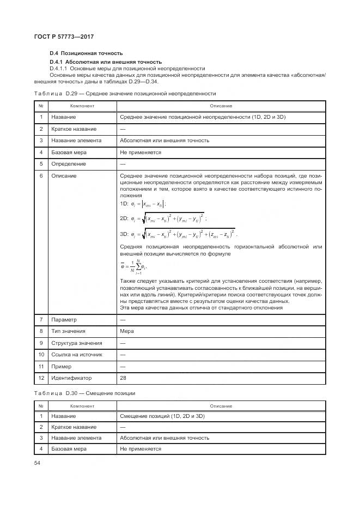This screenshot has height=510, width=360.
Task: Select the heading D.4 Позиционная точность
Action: click(x=86, y=53)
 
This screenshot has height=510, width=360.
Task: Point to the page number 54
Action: click(x=37, y=463)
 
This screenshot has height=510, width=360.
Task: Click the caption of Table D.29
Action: click(x=125, y=94)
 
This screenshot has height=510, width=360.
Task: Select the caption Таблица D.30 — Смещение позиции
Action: click(x=84, y=393)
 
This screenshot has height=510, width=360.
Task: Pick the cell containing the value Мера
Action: click(x=126, y=331)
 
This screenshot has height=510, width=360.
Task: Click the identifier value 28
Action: click(x=123, y=378)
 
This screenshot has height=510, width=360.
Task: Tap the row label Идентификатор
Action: click(x=71, y=378)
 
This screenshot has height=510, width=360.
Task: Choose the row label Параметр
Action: click(x=64, y=319)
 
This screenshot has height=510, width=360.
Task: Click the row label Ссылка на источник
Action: click(x=77, y=354)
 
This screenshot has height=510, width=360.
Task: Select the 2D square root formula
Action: click(x=163, y=218)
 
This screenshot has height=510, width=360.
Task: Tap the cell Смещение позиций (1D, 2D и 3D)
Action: click(x=162, y=416)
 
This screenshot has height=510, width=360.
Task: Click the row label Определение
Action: click(x=69, y=163)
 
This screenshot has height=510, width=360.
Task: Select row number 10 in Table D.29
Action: click(x=41, y=354)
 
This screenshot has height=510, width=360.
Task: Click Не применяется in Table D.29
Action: click(x=141, y=152)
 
